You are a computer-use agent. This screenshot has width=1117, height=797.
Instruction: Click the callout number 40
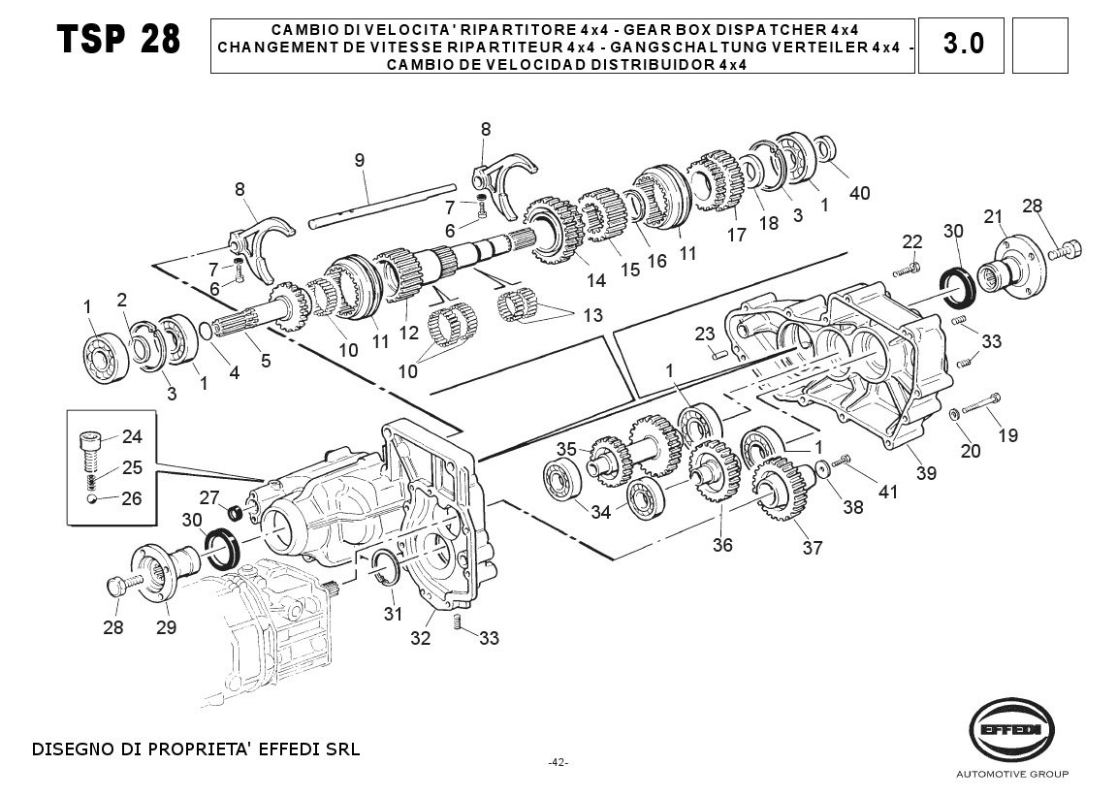coord(859,193)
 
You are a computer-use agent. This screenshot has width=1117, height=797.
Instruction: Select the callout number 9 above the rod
coord(359,160)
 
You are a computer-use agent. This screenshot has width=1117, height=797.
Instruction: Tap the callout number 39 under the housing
coord(926,472)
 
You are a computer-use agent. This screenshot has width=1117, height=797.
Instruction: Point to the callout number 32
coord(420,638)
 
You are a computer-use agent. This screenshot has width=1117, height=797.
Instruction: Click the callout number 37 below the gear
coord(813,548)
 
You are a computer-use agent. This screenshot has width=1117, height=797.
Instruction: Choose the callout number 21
coord(992,215)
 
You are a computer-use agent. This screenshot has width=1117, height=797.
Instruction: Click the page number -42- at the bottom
coord(558,762)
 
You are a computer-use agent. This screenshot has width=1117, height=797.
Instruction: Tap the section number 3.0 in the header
coord(963,45)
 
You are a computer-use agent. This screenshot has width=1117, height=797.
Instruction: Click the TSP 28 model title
coord(118,41)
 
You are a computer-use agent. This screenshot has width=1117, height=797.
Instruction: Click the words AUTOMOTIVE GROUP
coord(1012,774)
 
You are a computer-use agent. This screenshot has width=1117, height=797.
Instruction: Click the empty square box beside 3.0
coord(1039,46)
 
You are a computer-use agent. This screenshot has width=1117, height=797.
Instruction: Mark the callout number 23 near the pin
coord(705,335)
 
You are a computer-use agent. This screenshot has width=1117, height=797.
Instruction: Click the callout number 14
coord(595,280)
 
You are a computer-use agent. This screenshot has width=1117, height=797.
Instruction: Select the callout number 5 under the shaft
coord(265,360)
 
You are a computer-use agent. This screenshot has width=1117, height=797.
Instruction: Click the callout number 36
coord(722,545)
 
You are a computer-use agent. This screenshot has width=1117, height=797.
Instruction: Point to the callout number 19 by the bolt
coord(1007,435)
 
